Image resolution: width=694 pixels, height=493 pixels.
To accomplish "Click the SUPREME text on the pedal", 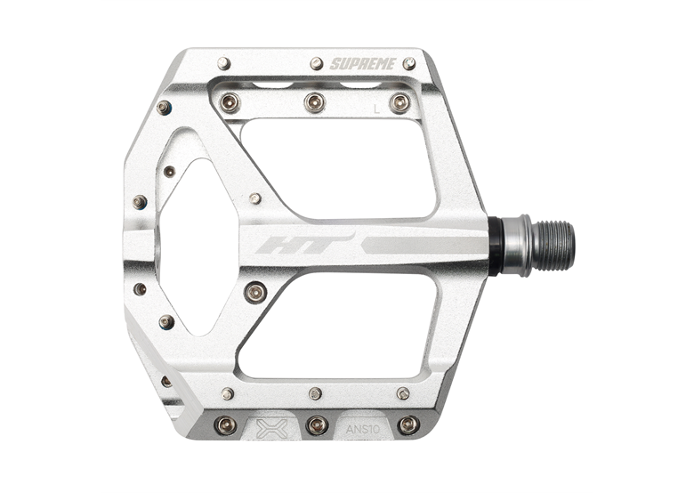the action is (x=363, y=64).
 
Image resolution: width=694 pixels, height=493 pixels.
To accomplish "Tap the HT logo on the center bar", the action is (x=305, y=245).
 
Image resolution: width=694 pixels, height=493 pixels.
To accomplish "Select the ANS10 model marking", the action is (x=362, y=429).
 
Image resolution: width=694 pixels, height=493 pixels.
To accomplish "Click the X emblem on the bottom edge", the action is (x=272, y=428).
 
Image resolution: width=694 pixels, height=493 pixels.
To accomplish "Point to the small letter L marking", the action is (x=376, y=109).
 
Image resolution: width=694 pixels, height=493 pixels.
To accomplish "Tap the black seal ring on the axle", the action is (x=495, y=246).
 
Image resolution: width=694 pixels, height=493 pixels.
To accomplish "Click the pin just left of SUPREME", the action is (x=316, y=63).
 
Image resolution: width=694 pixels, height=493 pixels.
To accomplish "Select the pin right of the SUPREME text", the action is (x=409, y=64).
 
